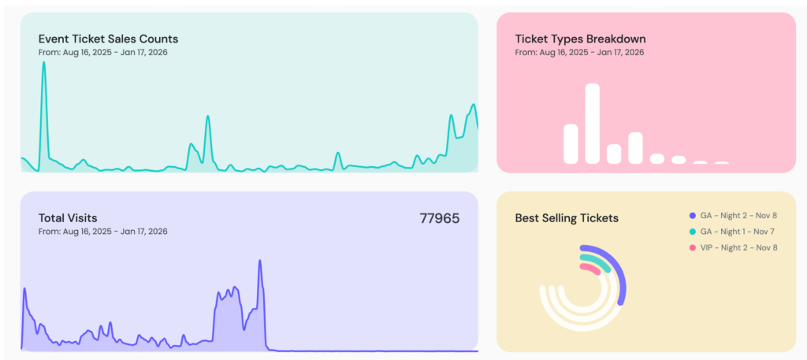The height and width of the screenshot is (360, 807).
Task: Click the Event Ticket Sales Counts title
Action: click(x=108, y=38)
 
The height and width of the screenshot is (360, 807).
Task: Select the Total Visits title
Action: click(x=68, y=217)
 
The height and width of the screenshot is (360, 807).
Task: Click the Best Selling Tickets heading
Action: click(x=567, y=218)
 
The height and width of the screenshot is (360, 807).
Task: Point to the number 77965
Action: click(x=439, y=218)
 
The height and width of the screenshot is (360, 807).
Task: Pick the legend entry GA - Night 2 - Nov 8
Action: click(x=738, y=215)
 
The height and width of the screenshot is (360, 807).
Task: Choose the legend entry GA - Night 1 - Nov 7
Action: click(x=738, y=232)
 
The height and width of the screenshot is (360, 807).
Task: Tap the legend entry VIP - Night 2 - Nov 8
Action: click(x=738, y=247)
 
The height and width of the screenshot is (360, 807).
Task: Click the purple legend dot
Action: click(x=693, y=215)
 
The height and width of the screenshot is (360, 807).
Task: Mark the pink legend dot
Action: click(x=693, y=247)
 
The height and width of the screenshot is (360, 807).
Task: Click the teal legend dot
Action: click(x=693, y=232)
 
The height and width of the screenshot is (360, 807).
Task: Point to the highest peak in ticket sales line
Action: click(x=43, y=63)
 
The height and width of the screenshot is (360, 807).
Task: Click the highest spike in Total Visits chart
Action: click(x=260, y=262)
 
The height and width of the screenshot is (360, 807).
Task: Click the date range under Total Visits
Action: click(x=102, y=232)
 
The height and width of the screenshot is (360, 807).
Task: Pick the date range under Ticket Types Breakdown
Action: click(x=579, y=52)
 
